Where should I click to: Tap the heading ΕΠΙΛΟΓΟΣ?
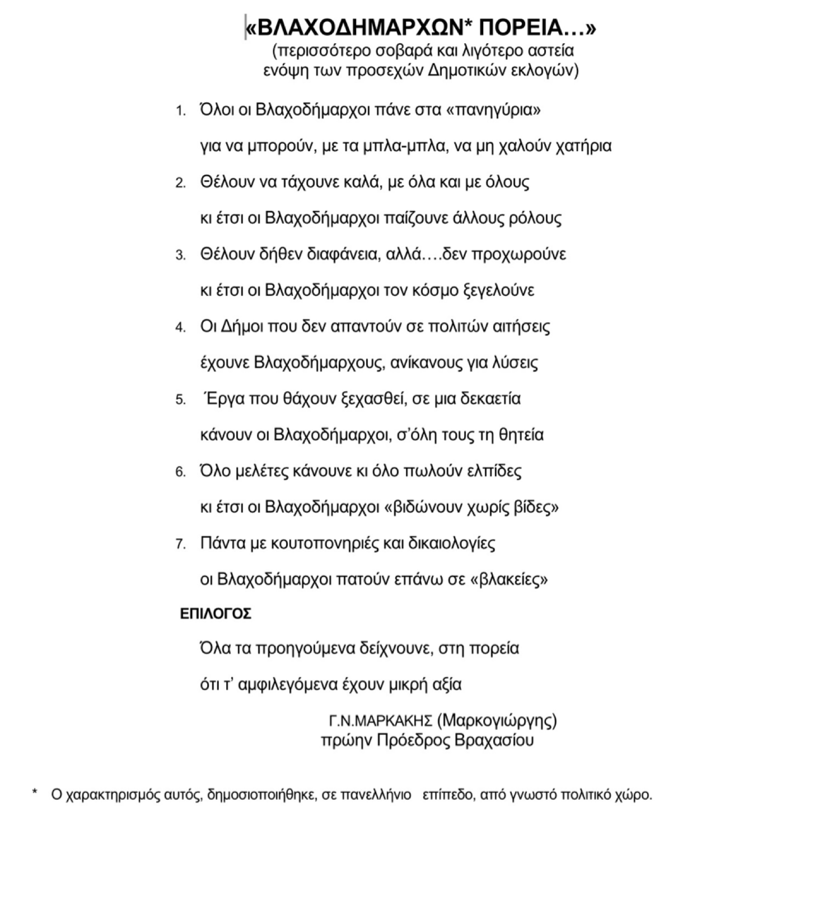(216, 614)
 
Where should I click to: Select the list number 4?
(180, 327)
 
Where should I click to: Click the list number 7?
(180, 544)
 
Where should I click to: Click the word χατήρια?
(583, 146)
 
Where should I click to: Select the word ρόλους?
(535, 218)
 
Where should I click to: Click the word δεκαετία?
(490, 399)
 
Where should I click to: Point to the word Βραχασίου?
(494, 740)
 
